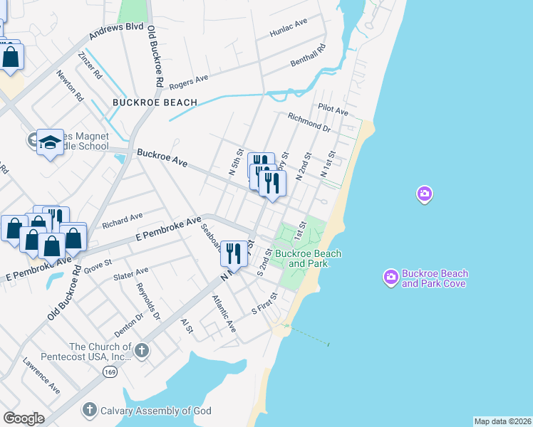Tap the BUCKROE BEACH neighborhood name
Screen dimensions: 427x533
click(155, 103)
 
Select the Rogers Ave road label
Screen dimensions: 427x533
click(189, 80)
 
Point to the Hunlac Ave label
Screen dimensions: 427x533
click(288, 28)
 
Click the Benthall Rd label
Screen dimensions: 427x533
click(308, 57)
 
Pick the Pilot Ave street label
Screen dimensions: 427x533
click(333, 112)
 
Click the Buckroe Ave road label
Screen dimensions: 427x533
click(162, 158)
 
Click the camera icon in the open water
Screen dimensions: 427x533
click(425, 194)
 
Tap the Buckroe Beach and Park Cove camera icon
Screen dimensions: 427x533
click(390, 278)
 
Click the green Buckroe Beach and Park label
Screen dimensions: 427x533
click(308, 258)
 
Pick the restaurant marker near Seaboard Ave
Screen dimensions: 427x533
click(234, 253)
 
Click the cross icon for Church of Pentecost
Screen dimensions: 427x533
click(142, 350)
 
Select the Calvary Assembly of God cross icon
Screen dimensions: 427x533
click(89, 410)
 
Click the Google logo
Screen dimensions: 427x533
click(24, 418)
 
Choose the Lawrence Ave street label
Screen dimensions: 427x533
click(41, 376)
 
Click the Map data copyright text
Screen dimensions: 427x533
click(502, 421)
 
